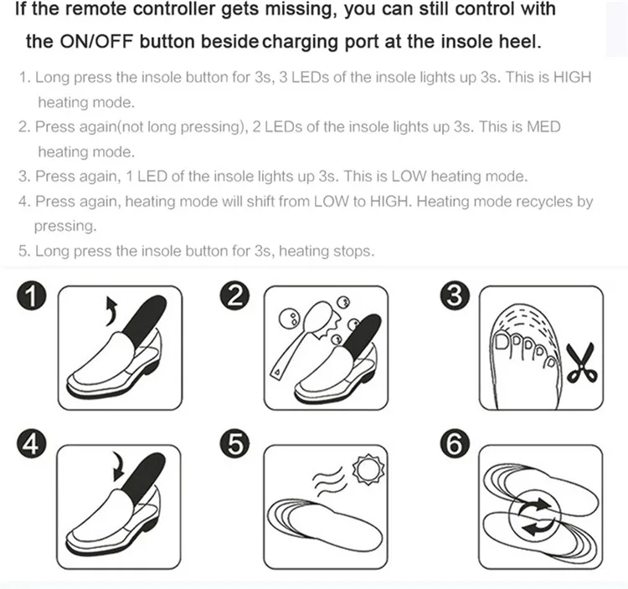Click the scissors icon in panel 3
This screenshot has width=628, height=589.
click(x=581, y=363)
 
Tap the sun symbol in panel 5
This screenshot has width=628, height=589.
click(x=368, y=469)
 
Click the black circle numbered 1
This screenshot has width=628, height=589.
click(x=32, y=296)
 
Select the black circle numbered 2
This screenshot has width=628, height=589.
click(x=234, y=296)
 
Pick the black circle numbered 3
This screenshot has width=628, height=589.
click(x=455, y=296)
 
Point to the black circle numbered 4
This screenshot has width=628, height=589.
click(x=32, y=443)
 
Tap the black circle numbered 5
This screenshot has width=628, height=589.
click(x=234, y=443)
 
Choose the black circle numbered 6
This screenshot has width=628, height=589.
click(x=455, y=443)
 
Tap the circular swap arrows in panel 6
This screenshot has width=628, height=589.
click(x=536, y=516)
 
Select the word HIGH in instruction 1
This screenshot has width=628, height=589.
click(x=572, y=77)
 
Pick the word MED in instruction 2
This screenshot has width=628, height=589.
click(x=543, y=126)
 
